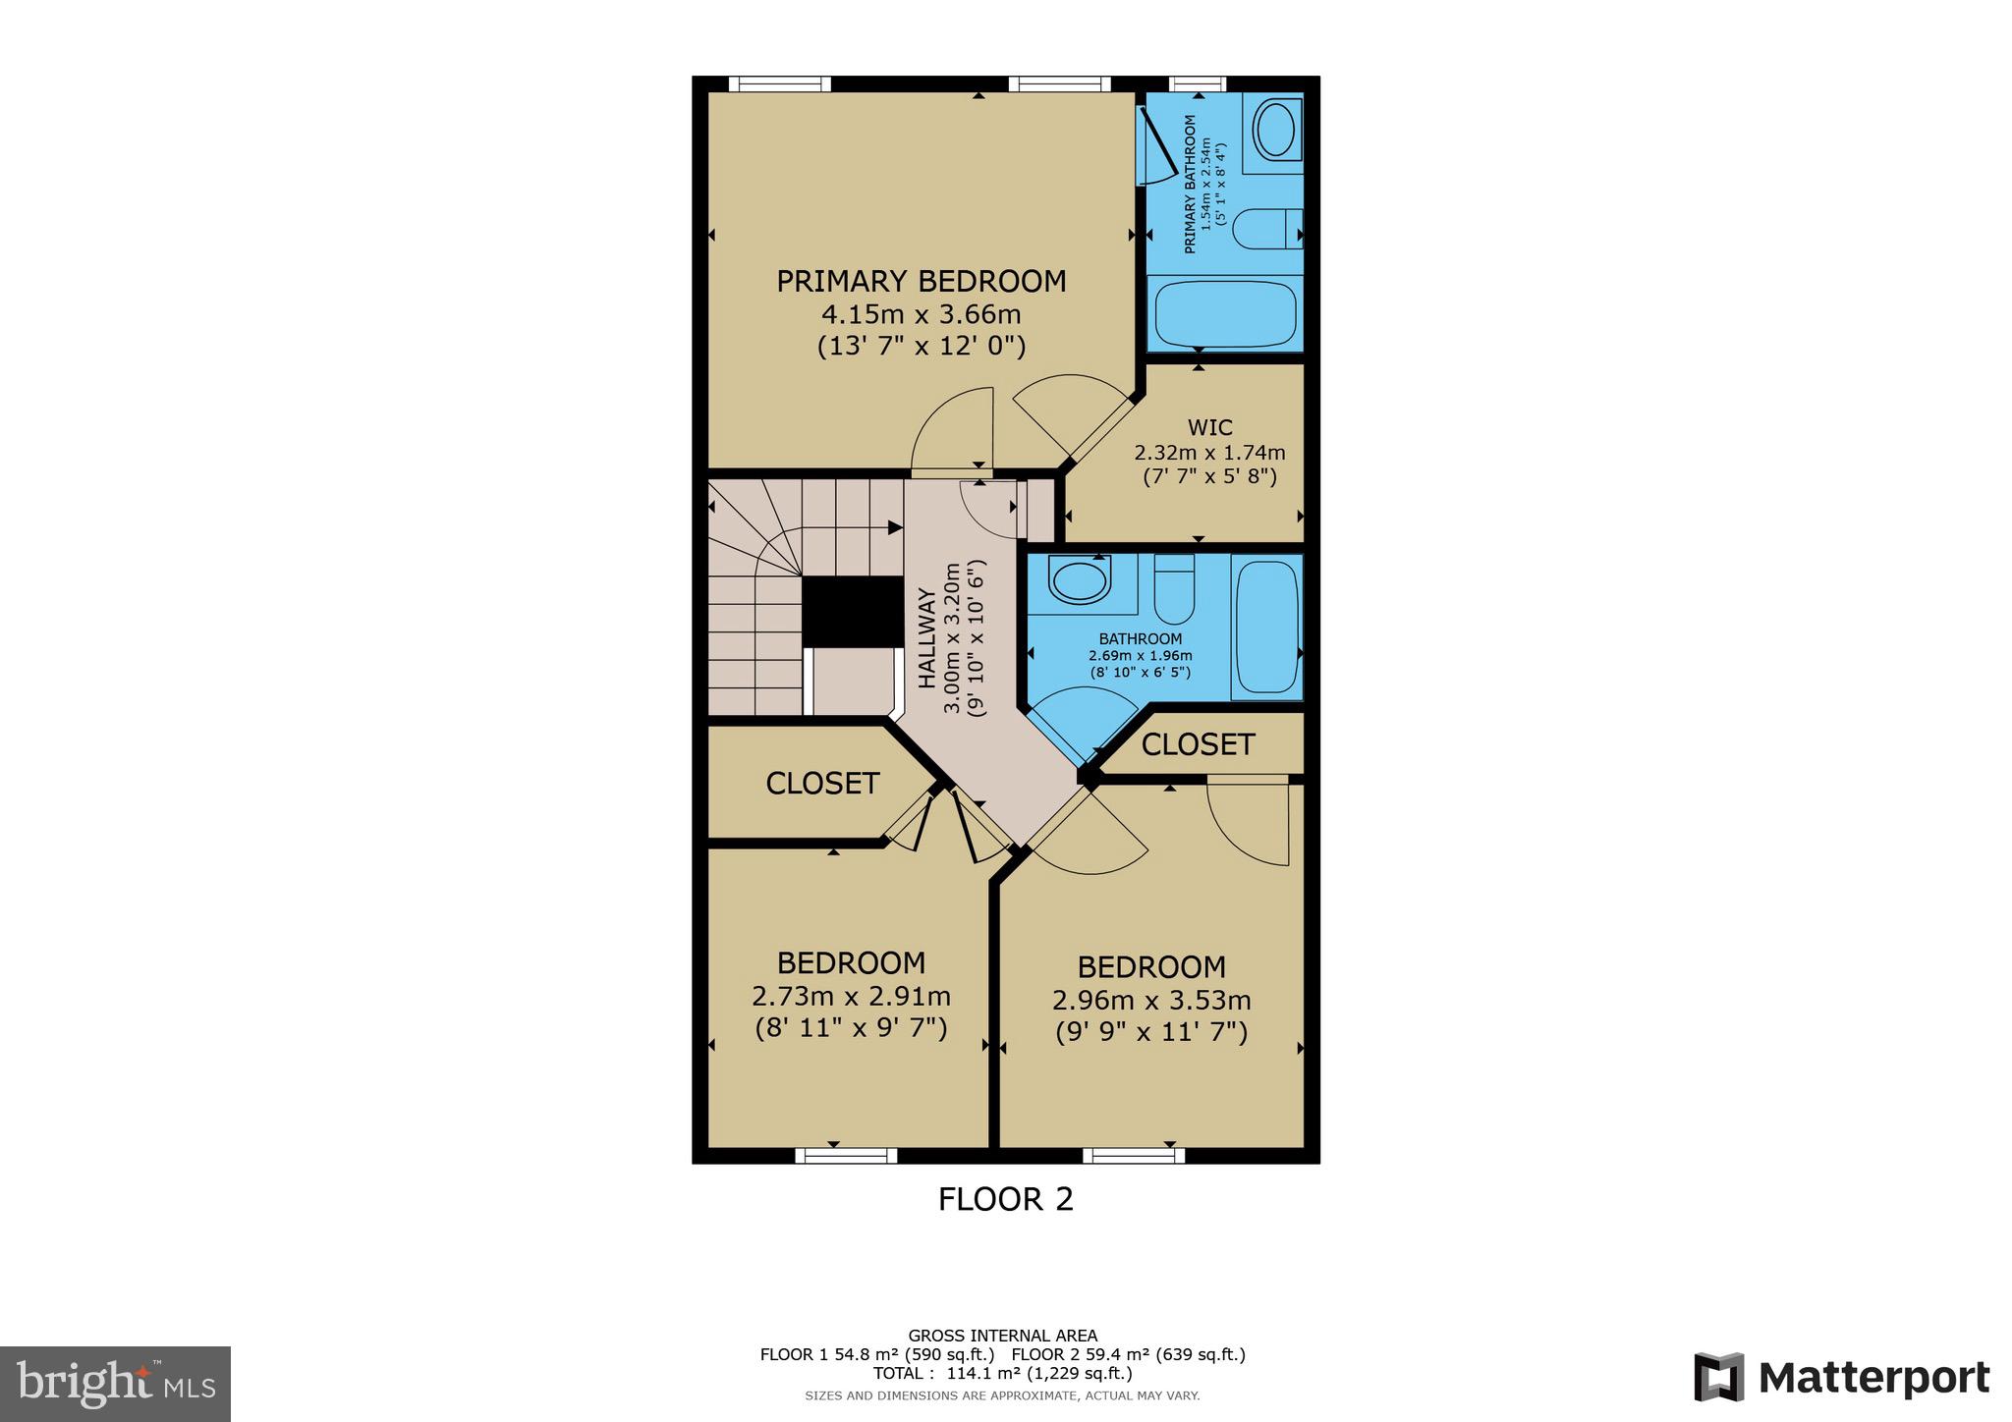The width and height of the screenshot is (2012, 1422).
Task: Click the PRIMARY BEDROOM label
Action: pos(921,282)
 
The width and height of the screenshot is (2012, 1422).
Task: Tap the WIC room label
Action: pos(1209,428)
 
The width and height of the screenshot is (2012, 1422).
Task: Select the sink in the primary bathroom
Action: pos(1274,131)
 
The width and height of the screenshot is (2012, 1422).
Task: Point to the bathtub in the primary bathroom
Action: pos(1224,313)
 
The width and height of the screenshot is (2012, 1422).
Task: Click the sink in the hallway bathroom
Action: pos(1080,580)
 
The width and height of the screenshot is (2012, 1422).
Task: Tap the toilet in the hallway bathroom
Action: pos(1174,590)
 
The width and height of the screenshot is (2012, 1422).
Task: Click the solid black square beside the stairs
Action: pos(853,612)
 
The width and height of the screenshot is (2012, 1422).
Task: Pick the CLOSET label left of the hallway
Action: pos(822,784)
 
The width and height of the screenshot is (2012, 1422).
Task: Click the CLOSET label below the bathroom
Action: pos(1198,745)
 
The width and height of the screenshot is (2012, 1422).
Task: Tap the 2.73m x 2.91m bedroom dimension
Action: pos(851,997)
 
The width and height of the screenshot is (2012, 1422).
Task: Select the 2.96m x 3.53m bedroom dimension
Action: pos(1151,1001)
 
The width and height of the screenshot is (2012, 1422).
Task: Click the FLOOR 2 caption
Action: pos(1005,1199)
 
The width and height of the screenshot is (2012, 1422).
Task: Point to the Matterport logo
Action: pos(1841,1378)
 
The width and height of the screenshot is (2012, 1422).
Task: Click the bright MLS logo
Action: pos(115,1384)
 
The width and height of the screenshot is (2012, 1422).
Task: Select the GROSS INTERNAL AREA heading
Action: pos(1002,1336)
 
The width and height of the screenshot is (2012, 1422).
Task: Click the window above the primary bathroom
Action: pos(1197,83)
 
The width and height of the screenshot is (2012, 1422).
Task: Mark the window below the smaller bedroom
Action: pos(845,1156)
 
